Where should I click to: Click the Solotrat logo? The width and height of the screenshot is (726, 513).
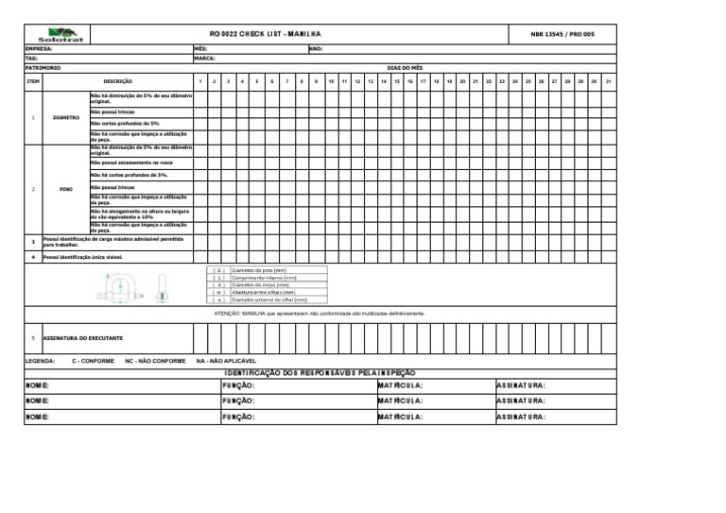click(x=59, y=34)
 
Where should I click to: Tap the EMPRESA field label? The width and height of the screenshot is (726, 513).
click(x=39, y=48)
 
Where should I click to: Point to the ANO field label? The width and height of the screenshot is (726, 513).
click(x=317, y=48)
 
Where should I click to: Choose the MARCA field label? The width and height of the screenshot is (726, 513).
click(x=204, y=59)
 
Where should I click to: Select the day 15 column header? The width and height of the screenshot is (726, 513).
click(x=397, y=82)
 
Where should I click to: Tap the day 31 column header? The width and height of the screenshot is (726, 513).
click(x=608, y=82)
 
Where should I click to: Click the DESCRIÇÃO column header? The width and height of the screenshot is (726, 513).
click(x=118, y=82)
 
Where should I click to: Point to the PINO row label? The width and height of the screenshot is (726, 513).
click(x=66, y=188)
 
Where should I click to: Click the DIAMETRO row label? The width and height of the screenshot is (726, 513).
click(x=66, y=118)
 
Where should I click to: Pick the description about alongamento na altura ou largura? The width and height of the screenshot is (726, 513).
click(x=140, y=214)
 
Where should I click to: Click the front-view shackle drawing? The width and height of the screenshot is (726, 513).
click(x=117, y=286)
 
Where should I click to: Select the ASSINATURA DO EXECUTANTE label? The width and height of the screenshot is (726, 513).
click(x=83, y=337)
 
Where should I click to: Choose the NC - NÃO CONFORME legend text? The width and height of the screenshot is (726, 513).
click(x=155, y=361)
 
